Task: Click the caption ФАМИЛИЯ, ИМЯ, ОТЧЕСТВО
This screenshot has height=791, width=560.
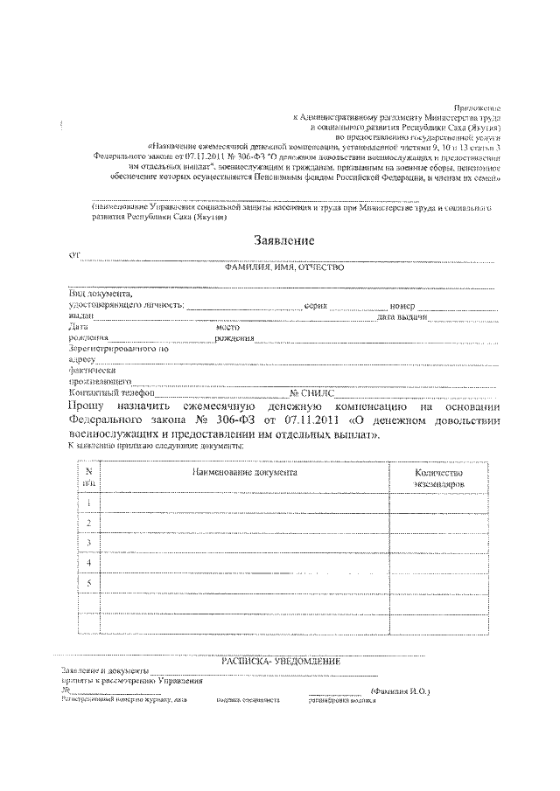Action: coord(284,267)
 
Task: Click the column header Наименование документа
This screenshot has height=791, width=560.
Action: coord(245,472)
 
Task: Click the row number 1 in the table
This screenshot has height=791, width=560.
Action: coord(89,502)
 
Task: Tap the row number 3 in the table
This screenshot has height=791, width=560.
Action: coord(89,543)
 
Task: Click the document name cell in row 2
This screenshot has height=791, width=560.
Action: coord(245,523)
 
